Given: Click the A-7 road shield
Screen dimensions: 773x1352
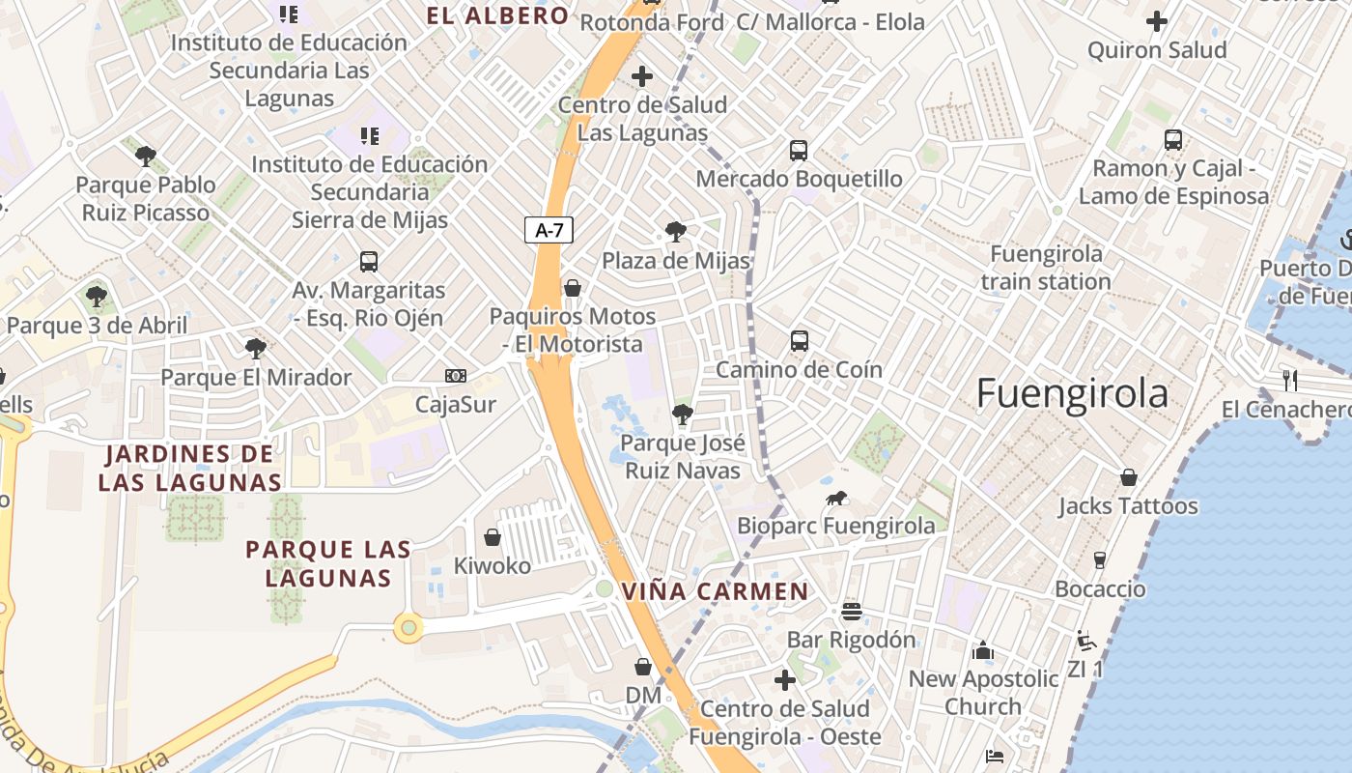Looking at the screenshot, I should (x=549, y=230).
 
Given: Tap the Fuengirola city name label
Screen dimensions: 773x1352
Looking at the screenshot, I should (x=1072, y=394).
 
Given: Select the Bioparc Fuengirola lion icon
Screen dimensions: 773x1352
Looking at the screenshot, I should (x=836, y=499).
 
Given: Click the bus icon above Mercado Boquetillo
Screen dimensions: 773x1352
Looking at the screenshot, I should (x=799, y=151).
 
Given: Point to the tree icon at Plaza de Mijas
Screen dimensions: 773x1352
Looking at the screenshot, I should (x=676, y=232).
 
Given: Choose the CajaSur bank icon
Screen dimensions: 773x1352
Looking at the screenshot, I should (x=455, y=375).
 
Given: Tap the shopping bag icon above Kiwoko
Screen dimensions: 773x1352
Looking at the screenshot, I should (x=493, y=537).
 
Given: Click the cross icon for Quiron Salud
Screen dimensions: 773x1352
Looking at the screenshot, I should (x=1156, y=21).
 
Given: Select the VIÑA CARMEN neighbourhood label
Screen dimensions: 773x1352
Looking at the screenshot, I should (x=715, y=591).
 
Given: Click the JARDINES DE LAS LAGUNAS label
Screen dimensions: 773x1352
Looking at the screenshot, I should (x=189, y=468).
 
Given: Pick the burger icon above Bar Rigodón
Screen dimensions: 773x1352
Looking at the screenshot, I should (x=851, y=611).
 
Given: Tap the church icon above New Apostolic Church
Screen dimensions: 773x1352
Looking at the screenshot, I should (x=983, y=650).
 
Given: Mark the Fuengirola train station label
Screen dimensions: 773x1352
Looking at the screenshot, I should (x=1046, y=268).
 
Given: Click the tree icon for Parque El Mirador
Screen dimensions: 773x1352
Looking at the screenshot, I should (x=256, y=348).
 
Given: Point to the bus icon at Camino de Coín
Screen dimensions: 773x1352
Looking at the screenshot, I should (x=800, y=340).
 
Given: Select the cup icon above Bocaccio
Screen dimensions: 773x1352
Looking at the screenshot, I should (x=1099, y=560).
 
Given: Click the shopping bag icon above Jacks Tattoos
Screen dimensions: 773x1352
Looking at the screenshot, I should (x=1128, y=477).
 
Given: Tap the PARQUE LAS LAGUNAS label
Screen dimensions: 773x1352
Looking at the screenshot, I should (x=328, y=563).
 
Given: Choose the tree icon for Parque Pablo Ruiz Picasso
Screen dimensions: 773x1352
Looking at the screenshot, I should (x=146, y=156).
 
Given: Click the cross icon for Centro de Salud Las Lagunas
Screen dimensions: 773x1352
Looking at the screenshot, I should (x=642, y=75).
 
